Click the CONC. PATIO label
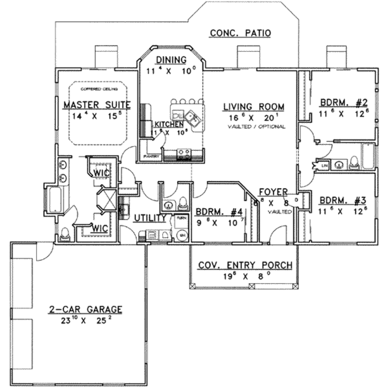(x=240, y=33)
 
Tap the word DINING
(x=171, y=60)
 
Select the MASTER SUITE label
(x=97, y=105)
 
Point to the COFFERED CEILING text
(x=99, y=89)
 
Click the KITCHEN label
(x=169, y=124)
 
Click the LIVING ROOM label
(x=253, y=107)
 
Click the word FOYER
(x=273, y=192)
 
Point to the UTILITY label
(x=150, y=218)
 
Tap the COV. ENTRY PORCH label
(x=245, y=265)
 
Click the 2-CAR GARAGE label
(x=85, y=310)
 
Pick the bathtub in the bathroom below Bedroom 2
(x=368, y=156)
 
